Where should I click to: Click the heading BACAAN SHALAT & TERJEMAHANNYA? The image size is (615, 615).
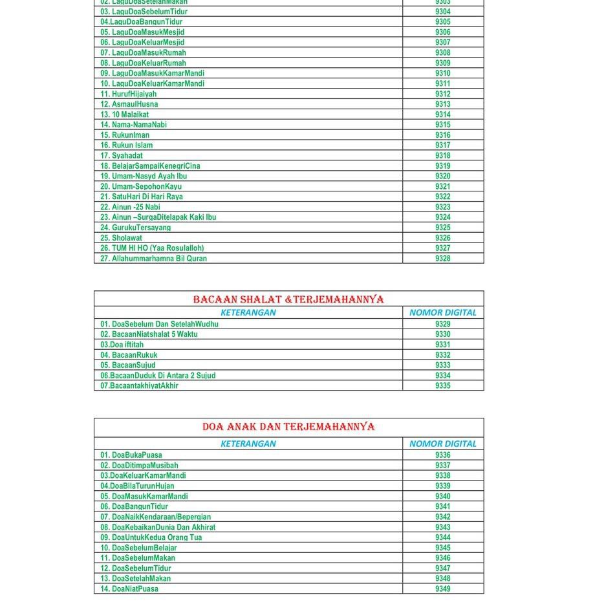click(x=288, y=299)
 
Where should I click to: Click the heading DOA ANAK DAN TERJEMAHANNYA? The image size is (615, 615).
click(x=288, y=427)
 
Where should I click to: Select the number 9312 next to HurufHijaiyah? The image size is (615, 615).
click(x=443, y=94)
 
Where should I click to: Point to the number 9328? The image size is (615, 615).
click(x=443, y=259)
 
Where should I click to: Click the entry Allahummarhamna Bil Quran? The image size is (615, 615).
click(x=153, y=259)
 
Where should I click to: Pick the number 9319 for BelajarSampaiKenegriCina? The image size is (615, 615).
click(x=443, y=166)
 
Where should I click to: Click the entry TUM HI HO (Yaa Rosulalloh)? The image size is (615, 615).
click(x=152, y=248)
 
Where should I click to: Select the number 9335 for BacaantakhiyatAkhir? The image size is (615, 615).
click(x=443, y=386)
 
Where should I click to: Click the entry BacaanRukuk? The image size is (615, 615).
click(x=129, y=355)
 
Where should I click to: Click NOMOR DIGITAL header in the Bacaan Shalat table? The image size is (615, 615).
click(x=443, y=312)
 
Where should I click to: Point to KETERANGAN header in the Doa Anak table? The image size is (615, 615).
click(x=248, y=444)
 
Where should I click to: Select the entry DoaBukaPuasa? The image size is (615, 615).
click(x=131, y=455)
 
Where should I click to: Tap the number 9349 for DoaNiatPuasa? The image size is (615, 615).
click(x=443, y=589)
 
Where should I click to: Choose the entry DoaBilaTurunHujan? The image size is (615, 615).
click(x=137, y=486)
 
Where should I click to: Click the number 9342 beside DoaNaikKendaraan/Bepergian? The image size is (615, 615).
click(x=443, y=517)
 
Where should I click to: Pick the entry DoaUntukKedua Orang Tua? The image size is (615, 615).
click(x=151, y=537)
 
